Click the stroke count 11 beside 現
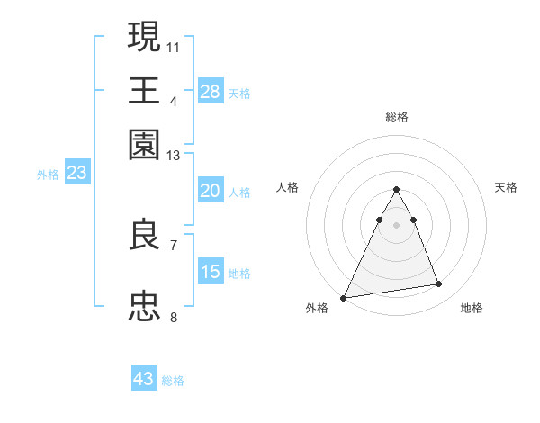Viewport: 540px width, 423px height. pos(174,46)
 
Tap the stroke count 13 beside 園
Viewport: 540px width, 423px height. pos(174,156)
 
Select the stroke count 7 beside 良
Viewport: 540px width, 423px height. pos(174,245)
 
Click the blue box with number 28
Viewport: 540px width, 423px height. pos(211,91)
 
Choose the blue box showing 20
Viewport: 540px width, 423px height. pos(211,191)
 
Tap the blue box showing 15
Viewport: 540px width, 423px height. pos(211,272)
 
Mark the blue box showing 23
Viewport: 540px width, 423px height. pos(76,173)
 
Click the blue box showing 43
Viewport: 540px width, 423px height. pos(144,379)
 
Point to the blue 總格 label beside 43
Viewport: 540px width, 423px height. pos(173,381)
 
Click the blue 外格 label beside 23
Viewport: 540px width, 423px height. pos(48,175)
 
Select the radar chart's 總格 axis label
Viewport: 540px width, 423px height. pos(396,117)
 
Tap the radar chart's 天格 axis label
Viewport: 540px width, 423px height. pos(506,187)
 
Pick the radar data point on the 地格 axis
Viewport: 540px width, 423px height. pos(439,284)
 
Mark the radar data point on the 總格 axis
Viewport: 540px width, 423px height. pos(396,190)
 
